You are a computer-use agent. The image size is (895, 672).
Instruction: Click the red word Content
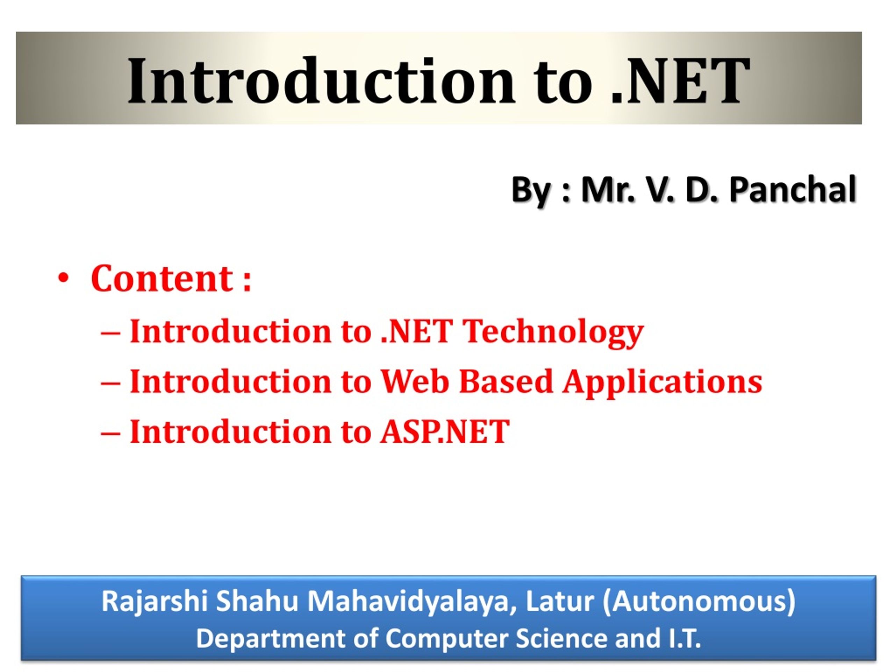[x=162, y=279]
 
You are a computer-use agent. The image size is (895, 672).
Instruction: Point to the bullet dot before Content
[x=63, y=279]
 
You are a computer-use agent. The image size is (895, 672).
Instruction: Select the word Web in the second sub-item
[x=415, y=381]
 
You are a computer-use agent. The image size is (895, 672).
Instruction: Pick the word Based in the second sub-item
[x=506, y=381]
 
